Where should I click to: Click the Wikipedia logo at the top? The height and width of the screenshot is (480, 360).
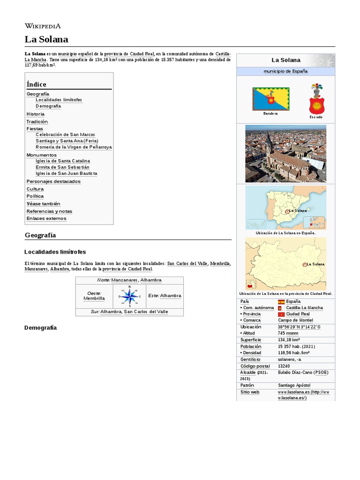[x=42, y=26]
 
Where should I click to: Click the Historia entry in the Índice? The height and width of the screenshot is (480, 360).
[x=36, y=114]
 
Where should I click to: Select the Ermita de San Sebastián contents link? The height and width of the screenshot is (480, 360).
[x=62, y=167]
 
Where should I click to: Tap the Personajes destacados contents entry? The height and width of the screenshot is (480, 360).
[x=53, y=181]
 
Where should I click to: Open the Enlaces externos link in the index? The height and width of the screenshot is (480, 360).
[x=46, y=218]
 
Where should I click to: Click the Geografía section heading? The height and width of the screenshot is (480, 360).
[x=40, y=235]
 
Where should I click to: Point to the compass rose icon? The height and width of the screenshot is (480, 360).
[x=130, y=296]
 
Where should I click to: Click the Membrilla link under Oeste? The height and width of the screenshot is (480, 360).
[x=94, y=299]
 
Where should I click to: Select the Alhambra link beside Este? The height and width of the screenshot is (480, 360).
[x=170, y=296]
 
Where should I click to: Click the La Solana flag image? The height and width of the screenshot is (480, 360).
[x=270, y=98]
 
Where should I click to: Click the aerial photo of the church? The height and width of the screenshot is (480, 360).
[x=285, y=153]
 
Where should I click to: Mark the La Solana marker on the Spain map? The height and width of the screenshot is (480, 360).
[x=286, y=211]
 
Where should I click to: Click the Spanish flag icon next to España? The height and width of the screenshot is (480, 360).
[x=281, y=301]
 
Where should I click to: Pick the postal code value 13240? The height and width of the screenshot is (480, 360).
[x=284, y=366]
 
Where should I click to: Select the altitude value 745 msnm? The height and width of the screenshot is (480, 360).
[x=288, y=333]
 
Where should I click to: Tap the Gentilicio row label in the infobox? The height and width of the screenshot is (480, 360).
[x=250, y=360]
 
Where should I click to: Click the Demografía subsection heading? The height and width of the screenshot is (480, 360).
[x=40, y=328]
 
